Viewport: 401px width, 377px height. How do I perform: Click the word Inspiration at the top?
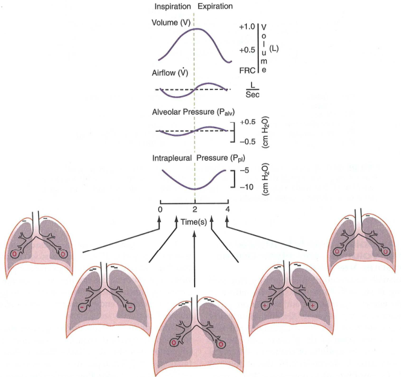pyautogui.click(x=172, y=7)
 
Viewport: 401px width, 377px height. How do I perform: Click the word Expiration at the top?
pyautogui.click(x=215, y=7)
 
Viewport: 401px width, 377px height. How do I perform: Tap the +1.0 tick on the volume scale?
pyautogui.click(x=247, y=27)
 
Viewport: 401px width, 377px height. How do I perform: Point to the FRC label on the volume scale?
pyautogui.click(x=247, y=71)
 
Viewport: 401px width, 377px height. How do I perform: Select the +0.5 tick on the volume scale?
pyautogui.click(x=247, y=50)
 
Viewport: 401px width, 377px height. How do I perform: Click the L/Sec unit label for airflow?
pyautogui.click(x=252, y=90)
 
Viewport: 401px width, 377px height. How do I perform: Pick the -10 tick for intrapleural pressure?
pyautogui.click(x=247, y=187)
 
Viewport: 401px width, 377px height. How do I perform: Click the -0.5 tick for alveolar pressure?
pyautogui.click(x=247, y=142)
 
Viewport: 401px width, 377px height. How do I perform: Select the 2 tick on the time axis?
pyautogui.click(x=195, y=210)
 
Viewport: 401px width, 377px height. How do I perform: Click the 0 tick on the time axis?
pyautogui.click(x=160, y=210)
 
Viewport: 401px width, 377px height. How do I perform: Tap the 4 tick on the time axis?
pyautogui.click(x=227, y=210)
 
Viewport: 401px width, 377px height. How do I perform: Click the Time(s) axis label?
pyautogui.click(x=194, y=222)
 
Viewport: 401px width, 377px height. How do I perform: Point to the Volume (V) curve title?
pyautogui.click(x=171, y=23)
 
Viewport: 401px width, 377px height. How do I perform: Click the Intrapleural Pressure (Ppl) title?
pyautogui.click(x=199, y=158)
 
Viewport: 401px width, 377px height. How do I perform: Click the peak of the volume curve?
pyautogui.click(x=197, y=28)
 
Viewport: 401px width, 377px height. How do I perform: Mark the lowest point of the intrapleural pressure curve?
pyautogui.click(x=195, y=189)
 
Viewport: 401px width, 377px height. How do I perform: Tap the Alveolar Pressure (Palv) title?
pyautogui.click(x=194, y=112)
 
